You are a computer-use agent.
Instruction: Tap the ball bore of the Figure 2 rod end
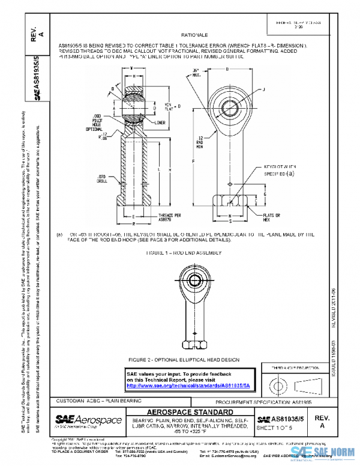point(195,280)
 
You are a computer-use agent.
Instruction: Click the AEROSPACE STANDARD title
point(190,413)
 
